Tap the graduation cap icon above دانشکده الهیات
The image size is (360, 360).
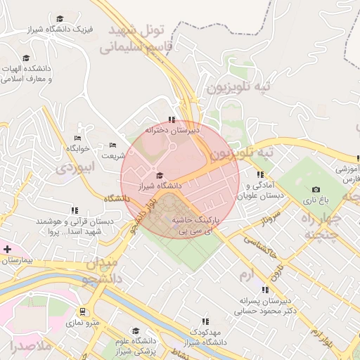point(26,58)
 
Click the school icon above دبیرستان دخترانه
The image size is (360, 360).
point(172,120)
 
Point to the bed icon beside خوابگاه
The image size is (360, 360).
point(77,138)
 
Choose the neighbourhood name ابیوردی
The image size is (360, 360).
point(75,169)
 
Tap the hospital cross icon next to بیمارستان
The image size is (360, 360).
point(8,250)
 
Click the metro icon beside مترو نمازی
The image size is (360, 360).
point(83,311)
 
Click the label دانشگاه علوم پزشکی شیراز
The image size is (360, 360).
point(135,345)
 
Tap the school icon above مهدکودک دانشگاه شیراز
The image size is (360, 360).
point(205,321)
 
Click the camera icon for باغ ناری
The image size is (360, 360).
point(316,190)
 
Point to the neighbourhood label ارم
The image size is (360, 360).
point(245,274)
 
